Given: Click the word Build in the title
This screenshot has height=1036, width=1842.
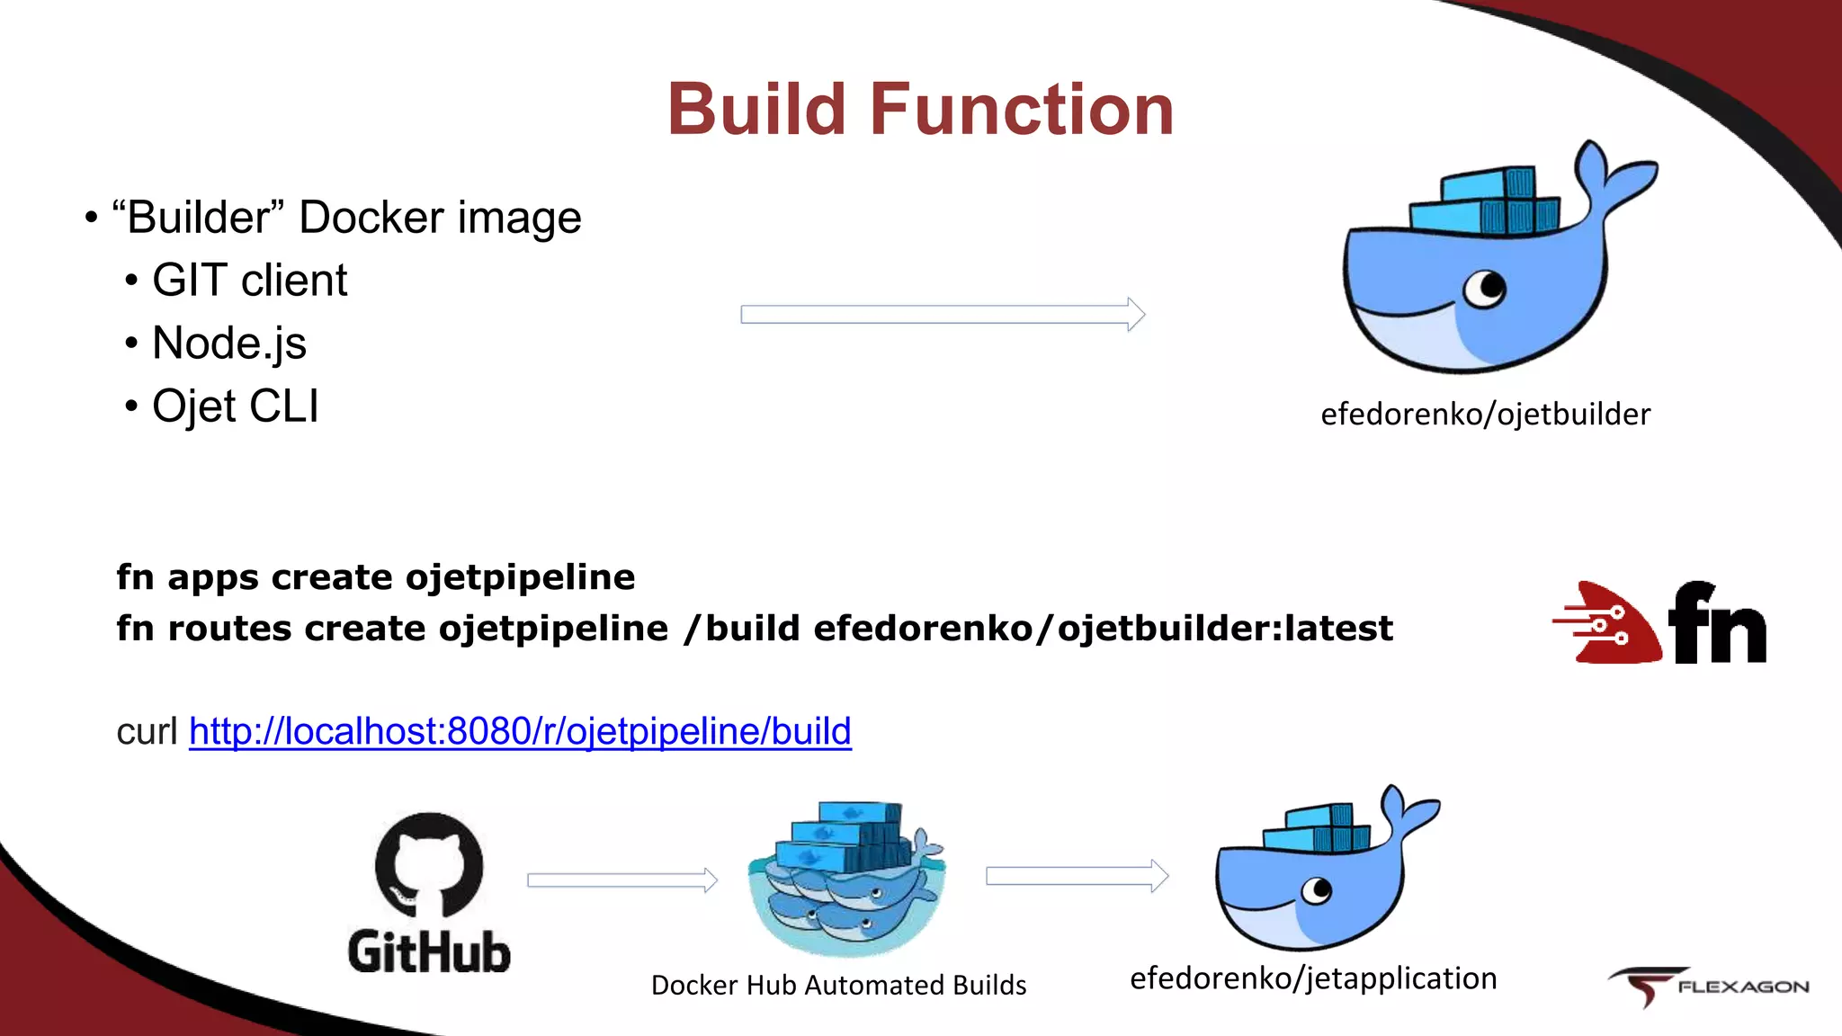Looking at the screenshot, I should point(757,110).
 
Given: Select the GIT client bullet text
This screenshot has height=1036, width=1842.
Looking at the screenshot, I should point(249,280).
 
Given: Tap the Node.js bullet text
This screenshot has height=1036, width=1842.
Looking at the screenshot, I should point(229,343).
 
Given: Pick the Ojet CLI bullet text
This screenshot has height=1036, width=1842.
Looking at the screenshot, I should point(235,406).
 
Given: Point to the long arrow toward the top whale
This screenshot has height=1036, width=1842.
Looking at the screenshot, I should point(942,314).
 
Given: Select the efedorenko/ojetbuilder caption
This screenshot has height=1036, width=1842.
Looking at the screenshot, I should point(1485,414).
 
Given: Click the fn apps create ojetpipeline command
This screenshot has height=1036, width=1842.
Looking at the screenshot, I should point(375,576).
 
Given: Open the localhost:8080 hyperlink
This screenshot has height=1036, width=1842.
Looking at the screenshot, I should point(520,731).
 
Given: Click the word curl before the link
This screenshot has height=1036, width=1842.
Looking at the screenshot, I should point(147,731).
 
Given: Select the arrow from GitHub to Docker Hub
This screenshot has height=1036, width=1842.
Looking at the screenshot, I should point(621,880).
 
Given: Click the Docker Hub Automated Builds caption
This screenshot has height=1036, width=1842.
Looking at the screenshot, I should point(838,985).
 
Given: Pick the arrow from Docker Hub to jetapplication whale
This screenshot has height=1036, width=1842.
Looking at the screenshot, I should point(1077,876).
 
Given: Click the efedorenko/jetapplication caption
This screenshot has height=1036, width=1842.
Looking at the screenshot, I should point(1313,978).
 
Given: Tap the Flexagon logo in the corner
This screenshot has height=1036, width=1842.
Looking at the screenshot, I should point(1709,987).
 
